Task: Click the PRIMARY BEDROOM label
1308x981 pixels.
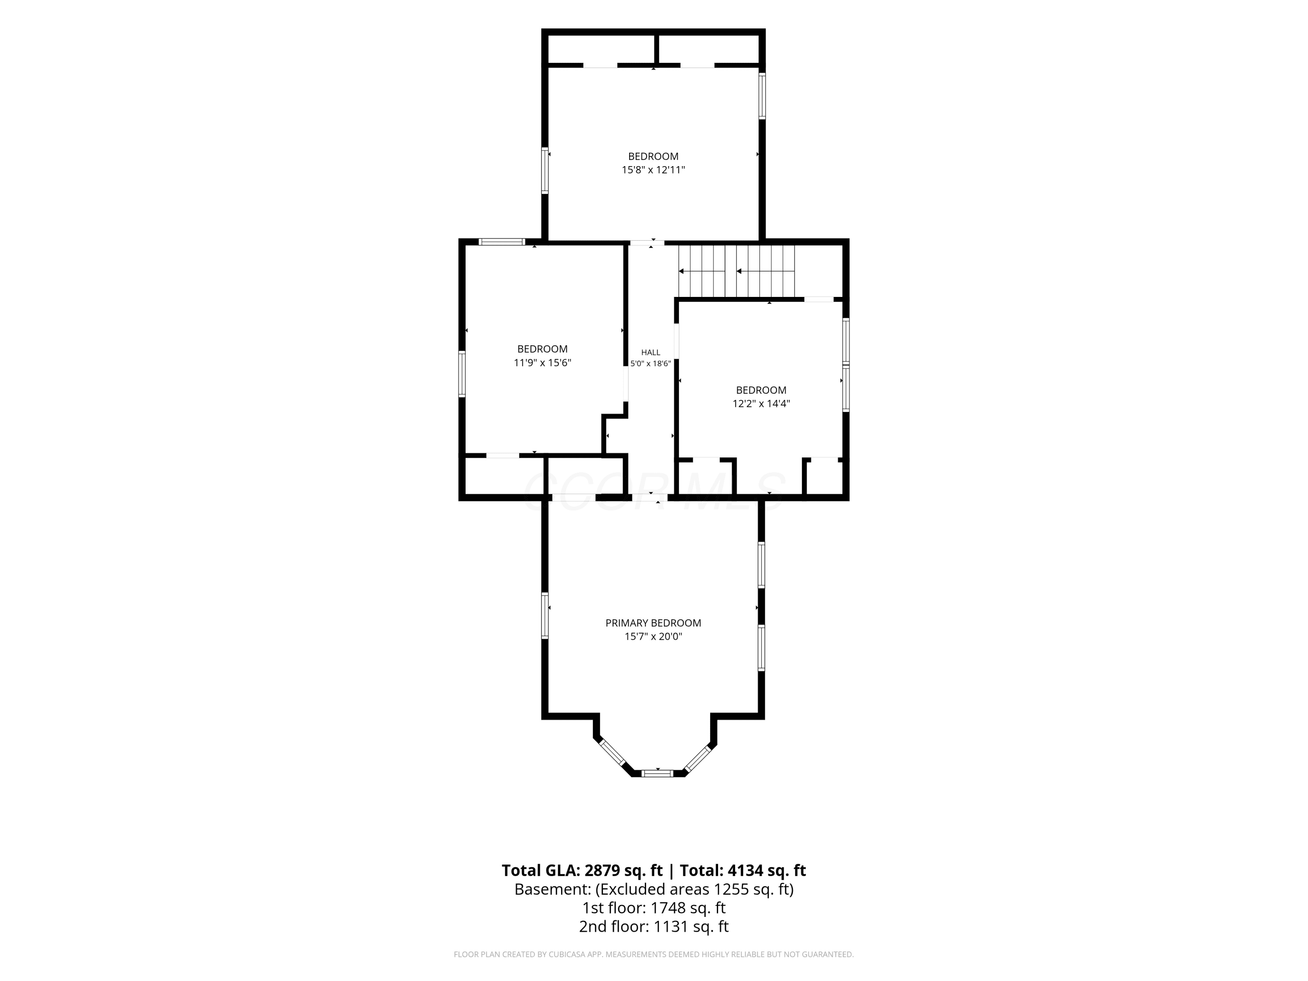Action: coord(654,623)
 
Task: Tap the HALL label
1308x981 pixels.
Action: coord(651,352)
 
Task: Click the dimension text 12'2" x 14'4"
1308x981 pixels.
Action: coord(761,404)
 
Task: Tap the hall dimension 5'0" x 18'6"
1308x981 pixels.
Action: coord(651,364)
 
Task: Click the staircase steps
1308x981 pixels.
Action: coord(736,272)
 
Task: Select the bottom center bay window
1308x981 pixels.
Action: coord(657,773)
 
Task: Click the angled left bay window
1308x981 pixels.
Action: coord(613,753)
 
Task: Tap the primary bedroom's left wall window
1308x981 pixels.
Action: coord(545,616)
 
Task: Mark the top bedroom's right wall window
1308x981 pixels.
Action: coord(762,96)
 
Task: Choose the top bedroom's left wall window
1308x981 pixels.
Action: coord(545,170)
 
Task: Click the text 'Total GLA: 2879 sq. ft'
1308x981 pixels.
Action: coord(582,870)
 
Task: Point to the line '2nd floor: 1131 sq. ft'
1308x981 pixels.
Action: coord(654,926)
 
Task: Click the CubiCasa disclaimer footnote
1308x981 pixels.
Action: coord(654,954)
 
